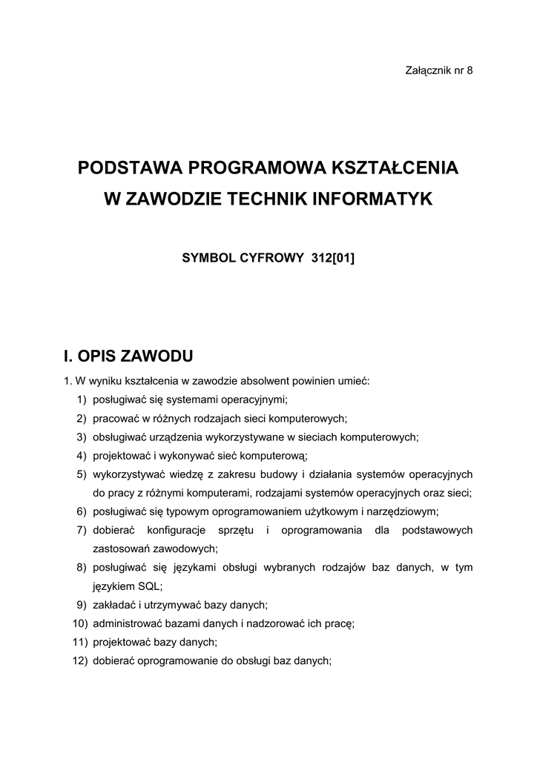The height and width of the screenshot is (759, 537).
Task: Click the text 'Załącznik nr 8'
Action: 438,70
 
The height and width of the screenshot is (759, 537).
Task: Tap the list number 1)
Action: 82,400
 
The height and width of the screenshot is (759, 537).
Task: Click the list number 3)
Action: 82,437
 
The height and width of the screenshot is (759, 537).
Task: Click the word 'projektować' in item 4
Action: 120,456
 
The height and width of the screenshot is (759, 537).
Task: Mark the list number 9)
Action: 82,605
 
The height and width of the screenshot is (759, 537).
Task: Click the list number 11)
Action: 79,642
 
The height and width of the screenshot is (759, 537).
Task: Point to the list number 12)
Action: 79,660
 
